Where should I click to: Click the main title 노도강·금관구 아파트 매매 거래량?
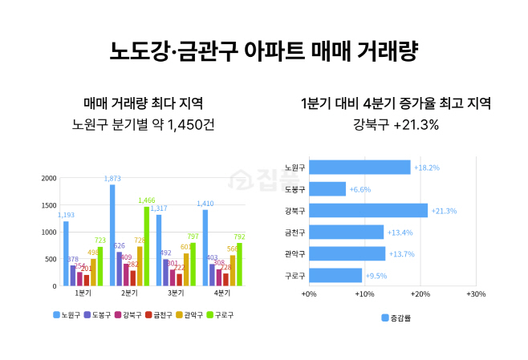pos(264,53)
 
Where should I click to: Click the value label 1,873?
pos(112,178)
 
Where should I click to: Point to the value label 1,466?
pos(146,200)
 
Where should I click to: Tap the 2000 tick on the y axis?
pos(48,178)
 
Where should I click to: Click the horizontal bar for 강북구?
pos(368,210)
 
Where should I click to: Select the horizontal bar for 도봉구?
pos(327,188)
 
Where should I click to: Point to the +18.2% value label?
pos(426,168)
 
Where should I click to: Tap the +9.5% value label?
pos(376,276)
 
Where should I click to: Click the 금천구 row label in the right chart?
pos(294,233)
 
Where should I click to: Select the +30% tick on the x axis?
pos(475,294)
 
